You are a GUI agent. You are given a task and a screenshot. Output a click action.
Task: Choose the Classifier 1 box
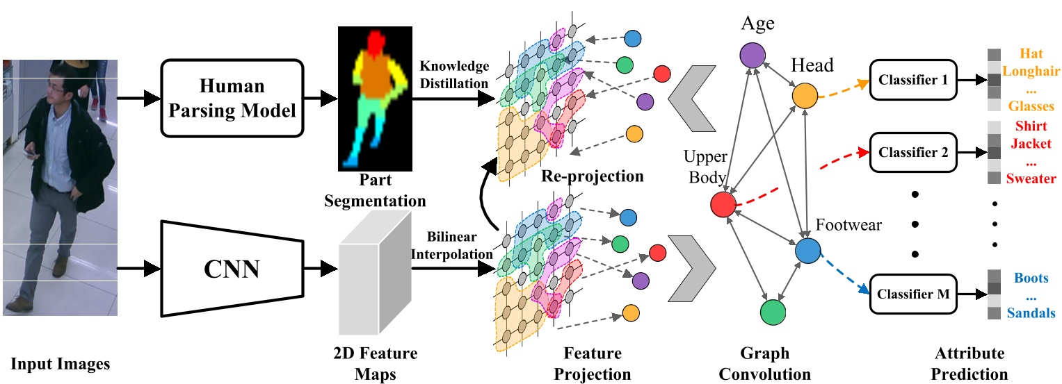[913, 79]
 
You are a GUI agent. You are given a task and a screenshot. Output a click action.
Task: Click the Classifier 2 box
[913, 151]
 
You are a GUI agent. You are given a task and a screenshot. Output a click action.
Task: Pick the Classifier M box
[913, 294]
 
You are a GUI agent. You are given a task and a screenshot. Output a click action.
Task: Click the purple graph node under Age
[752, 55]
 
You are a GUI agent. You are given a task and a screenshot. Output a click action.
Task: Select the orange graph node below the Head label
[805, 96]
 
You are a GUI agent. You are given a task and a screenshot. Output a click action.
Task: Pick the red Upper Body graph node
[723, 204]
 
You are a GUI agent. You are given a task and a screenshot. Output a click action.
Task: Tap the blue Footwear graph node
[809, 251]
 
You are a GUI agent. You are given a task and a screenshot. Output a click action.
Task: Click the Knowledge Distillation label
[454, 75]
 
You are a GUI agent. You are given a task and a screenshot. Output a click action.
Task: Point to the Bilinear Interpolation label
[451, 245]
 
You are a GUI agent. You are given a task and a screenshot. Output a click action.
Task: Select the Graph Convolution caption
[764, 364]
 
